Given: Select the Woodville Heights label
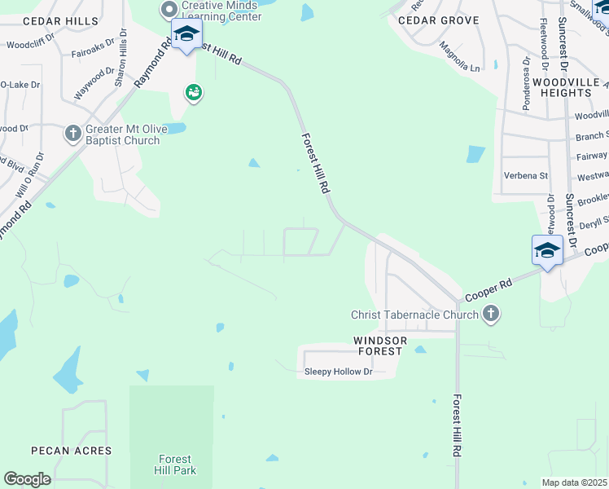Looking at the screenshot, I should [x=567, y=88].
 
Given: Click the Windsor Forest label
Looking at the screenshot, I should [x=378, y=346].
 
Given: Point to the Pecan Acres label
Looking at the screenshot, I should [x=71, y=451].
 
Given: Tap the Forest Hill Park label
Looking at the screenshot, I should [x=174, y=464].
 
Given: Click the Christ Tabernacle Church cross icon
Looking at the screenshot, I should [x=491, y=314].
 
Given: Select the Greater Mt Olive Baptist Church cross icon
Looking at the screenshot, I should [x=73, y=132].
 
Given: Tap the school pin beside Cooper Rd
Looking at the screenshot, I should [x=547, y=250].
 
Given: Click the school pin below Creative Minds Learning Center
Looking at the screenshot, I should [x=186, y=34].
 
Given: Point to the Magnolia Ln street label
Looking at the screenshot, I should [x=458, y=59].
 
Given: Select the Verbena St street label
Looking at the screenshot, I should [x=525, y=175].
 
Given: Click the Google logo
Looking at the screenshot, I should [x=27, y=479].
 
